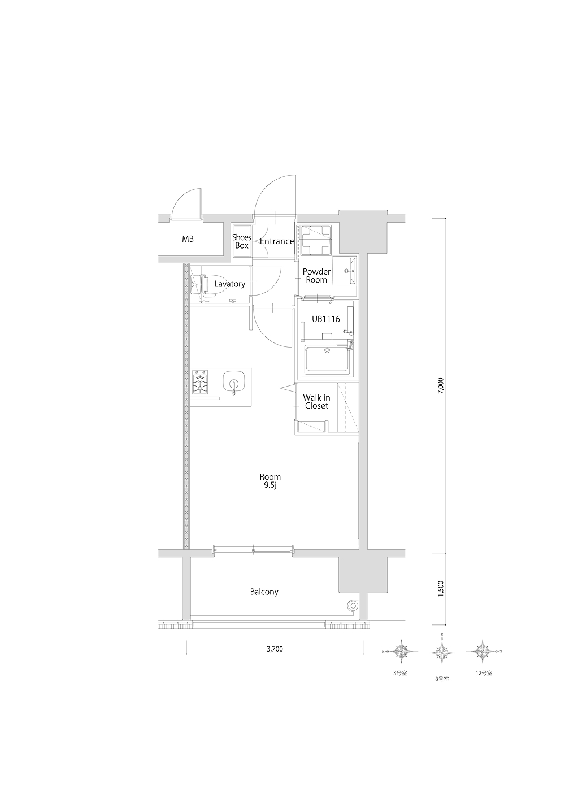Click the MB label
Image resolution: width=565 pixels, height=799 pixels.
[x=188, y=239]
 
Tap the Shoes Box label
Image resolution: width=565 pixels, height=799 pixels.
[x=241, y=241]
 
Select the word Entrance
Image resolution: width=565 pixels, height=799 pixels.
[x=277, y=241]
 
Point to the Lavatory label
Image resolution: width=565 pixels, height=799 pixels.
[x=230, y=284]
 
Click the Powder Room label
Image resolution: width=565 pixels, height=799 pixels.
[x=316, y=276]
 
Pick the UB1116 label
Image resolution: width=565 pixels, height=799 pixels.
[x=325, y=319]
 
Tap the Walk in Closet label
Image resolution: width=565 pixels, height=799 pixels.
[x=317, y=402]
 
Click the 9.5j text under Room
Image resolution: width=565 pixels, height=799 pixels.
[x=270, y=485]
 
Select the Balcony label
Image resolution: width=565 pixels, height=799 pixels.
[x=264, y=592]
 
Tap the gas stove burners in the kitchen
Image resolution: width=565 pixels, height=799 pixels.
[x=200, y=381]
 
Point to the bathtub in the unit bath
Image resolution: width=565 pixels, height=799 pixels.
[x=328, y=359]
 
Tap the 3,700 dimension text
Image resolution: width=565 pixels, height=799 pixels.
[x=275, y=649]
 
